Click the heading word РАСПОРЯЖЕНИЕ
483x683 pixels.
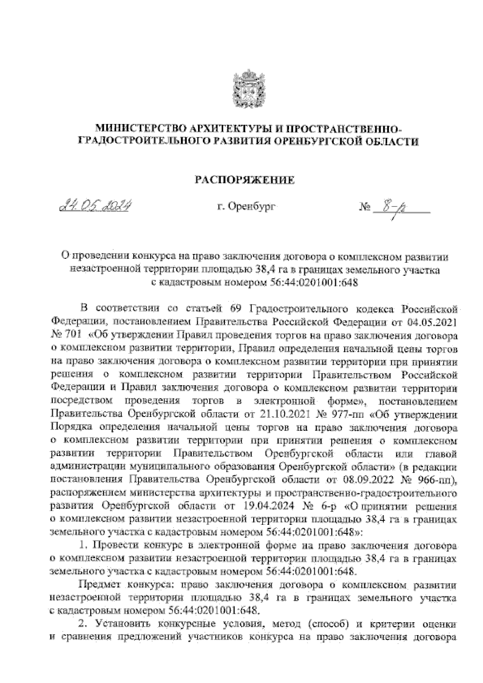(x=245, y=180)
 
